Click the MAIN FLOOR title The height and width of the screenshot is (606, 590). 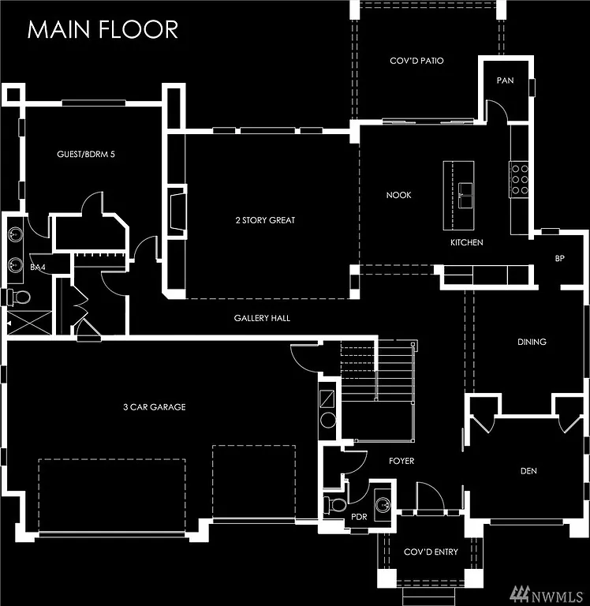tap(103, 29)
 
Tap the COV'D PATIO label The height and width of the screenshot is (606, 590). tap(416, 61)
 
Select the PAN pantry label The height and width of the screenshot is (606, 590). tap(505, 80)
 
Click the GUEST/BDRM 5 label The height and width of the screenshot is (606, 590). tap(86, 154)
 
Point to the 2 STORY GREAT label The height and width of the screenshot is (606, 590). tap(265, 220)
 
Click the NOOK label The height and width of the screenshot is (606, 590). tap(398, 195)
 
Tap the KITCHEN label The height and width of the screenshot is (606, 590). tap(466, 242)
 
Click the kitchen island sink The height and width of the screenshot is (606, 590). tap(465, 189)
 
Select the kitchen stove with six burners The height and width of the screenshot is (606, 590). tap(520, 178)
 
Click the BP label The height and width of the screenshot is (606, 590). tap(560, 258)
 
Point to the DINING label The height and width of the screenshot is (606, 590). tap(532, 342)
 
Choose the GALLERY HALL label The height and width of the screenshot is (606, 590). tap(262, 318)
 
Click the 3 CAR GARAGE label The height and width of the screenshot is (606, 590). tap(154, 407)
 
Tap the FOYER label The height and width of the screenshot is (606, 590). tap(401, 461)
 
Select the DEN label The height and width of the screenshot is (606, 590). tap(528, 471)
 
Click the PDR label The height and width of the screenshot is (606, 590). tap(360, 517)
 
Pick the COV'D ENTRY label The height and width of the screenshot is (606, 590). tap(431, 552)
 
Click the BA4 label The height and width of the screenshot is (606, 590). tap(37, 268)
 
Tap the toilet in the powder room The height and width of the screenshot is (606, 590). tap(337, 504)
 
